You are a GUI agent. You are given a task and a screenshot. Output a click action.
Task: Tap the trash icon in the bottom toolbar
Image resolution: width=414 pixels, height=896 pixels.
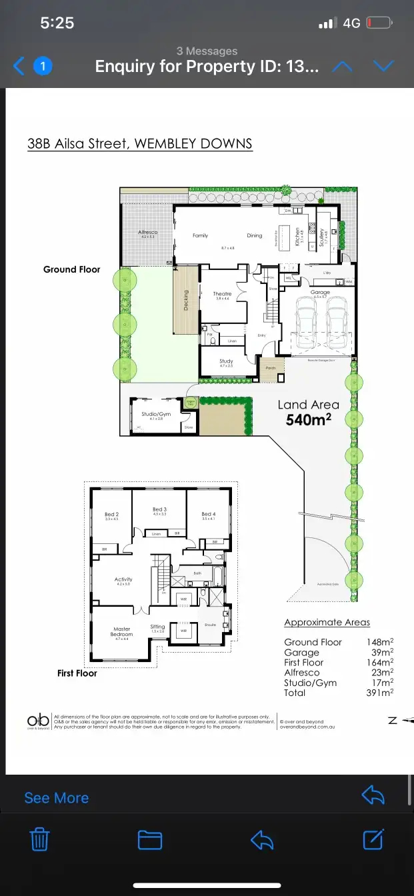point(41,839)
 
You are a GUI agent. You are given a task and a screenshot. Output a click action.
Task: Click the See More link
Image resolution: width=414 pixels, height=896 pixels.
point(56,798)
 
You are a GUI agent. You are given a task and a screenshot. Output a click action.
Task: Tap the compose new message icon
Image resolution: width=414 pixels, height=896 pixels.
point(374,839)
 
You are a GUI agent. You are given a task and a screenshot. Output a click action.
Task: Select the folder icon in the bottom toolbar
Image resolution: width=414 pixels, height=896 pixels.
point(150,839)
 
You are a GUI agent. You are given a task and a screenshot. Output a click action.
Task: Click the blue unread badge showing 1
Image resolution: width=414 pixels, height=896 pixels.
point(43,66)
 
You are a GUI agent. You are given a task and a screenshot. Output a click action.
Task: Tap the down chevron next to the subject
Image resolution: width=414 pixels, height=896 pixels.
point(384,66)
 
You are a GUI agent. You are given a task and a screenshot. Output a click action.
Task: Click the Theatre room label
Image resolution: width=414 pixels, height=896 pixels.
point(222,294)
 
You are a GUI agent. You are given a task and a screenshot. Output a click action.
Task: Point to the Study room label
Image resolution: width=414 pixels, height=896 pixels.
point(226,361)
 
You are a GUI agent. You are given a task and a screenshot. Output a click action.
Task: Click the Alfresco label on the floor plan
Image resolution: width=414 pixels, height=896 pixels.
point(147,233)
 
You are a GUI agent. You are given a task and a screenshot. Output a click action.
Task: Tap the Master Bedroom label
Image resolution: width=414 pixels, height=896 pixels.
point(121,631)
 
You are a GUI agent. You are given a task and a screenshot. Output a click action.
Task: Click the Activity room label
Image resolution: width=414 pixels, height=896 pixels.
point(123,579)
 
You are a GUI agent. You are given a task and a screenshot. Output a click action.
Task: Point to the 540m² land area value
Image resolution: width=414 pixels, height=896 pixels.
point(309,420)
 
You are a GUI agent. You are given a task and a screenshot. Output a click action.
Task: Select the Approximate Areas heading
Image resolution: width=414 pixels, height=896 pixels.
point(327,622)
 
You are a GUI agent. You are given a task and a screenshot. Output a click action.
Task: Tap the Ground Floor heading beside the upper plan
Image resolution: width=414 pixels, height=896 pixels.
point(71,269)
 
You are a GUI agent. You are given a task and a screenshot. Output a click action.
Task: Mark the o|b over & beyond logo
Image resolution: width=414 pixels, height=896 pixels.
point(37,721)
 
